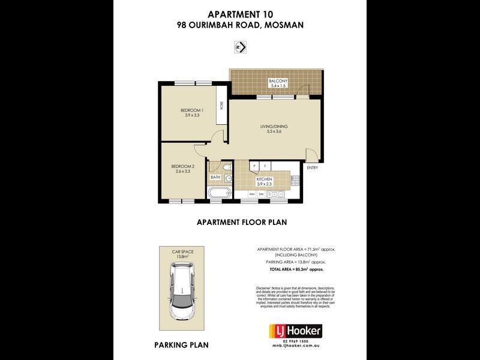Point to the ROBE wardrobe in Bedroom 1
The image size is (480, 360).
pyautogui.click(x=221, y=105)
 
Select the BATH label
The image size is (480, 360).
pyautogui.click(x=215, y=178)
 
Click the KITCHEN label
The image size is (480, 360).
pyautogui.click(x=264, y=179)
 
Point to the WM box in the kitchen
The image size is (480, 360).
pyautogui.click(x=252, y=194)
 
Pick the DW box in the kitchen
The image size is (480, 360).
pyautogui.click(x=262, y=194)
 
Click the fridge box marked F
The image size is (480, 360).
pyautogui.click(x=265, y=166)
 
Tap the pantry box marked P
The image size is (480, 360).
pyautogui.click(x=254, y=166)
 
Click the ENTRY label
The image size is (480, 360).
pyautogui.click(x=312, y=167)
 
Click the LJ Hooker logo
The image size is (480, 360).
pyautogui.click(x=295, y=331)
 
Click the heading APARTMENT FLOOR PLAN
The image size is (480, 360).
pyautogui.click(x=242, y=222)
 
